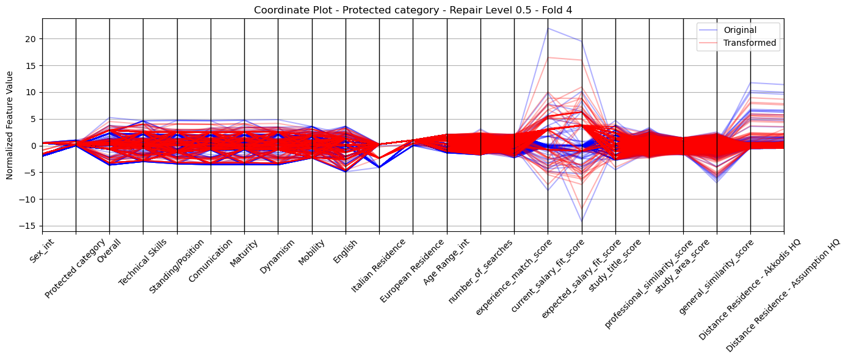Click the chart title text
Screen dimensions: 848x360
point(413,10)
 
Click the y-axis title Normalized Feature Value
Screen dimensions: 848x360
point(10,125)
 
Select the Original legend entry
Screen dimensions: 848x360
point(740,30)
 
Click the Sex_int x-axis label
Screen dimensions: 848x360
point(42,251)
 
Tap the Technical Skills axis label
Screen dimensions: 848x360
point(142,262)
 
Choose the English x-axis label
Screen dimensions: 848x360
point(345,252)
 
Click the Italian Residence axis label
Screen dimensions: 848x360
point(379,266)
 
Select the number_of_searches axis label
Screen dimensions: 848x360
point(480,272)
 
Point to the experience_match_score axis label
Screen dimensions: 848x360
point(513,278)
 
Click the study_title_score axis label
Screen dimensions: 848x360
point(615,266)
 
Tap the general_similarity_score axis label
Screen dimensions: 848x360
point(716,278)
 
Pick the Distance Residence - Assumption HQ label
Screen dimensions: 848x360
point(783,296)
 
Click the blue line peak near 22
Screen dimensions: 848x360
point(548,29)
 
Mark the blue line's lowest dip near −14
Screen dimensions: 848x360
point(582,221)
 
